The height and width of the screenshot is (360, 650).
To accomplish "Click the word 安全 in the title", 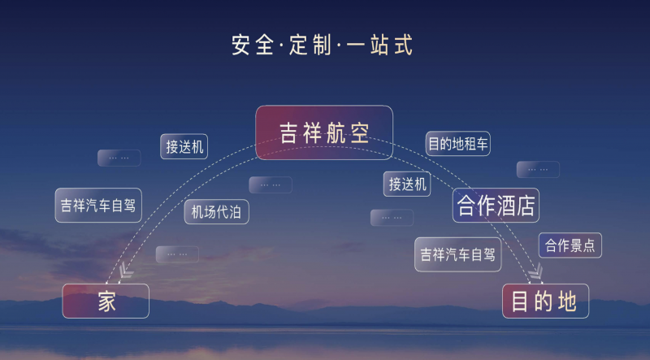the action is point(253,45).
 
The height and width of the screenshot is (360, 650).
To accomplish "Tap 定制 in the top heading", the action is point(310,45).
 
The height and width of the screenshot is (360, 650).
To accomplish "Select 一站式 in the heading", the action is point(379,45).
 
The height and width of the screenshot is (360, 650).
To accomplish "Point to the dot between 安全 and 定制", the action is point(281,46).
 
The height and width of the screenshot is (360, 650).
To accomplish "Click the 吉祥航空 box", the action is point(324,132).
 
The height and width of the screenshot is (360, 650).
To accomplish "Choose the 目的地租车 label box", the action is point(458,144).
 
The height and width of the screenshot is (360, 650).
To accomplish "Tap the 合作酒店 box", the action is point(496,206).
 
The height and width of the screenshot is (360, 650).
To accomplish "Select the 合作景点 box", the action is point(570,245).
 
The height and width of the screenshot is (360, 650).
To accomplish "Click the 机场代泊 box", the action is point(216,212).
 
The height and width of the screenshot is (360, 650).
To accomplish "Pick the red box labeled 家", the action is point(106,301).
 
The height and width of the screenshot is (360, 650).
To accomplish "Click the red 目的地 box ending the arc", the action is point(545,301).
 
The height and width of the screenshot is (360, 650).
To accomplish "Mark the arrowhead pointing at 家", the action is point(125,271).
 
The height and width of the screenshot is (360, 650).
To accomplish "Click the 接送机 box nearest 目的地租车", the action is point(407,184).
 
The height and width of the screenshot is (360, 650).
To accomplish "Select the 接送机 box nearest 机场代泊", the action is point(184,146).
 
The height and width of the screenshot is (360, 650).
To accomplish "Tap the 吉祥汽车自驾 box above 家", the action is point(98,206).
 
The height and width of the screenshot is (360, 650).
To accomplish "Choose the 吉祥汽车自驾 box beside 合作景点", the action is point(458,254).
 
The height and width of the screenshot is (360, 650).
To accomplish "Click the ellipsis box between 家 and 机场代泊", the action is point(177,254).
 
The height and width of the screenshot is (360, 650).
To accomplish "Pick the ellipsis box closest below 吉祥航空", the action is point(271,185).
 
